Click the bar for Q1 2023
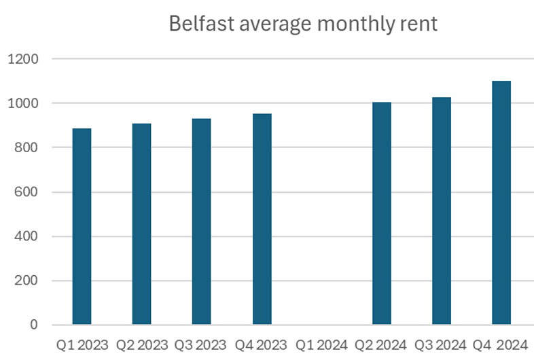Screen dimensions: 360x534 [82, 226]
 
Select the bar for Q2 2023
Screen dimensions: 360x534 [141, 224]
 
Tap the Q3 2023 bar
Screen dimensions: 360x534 [201, 221]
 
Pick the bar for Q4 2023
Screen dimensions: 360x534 [262, 219]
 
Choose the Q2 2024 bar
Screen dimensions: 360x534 [382, 213]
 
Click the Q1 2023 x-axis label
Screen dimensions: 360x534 [82, 344]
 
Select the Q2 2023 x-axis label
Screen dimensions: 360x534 [141, 344]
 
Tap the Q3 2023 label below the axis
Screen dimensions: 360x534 [201, 344]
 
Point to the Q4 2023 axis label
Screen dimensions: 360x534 [262, 344]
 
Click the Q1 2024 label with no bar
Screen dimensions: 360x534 [321, 344]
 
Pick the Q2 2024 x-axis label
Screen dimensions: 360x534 [382, 344]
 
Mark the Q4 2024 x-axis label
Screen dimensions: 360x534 [501, 344]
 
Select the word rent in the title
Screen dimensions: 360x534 [419, 24]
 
